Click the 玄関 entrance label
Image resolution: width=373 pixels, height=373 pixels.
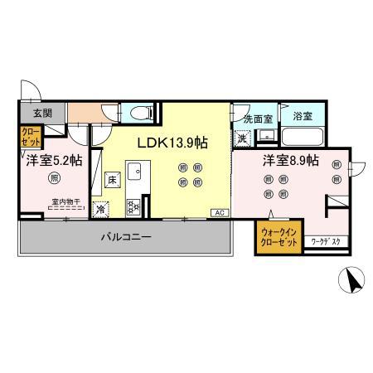pos(30,114)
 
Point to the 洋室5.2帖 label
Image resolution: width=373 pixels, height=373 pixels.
pos(49,161)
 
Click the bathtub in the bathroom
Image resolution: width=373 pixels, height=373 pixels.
pos(301,137)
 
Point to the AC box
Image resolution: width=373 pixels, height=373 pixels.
pos(220,213)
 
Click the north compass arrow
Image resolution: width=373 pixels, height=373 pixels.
pos(354,283)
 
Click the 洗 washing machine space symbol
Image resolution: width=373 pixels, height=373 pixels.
pos(244,137)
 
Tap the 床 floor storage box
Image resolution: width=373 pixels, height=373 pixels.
pos(110,178)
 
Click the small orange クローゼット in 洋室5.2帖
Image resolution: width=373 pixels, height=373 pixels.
pos(28,135)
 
